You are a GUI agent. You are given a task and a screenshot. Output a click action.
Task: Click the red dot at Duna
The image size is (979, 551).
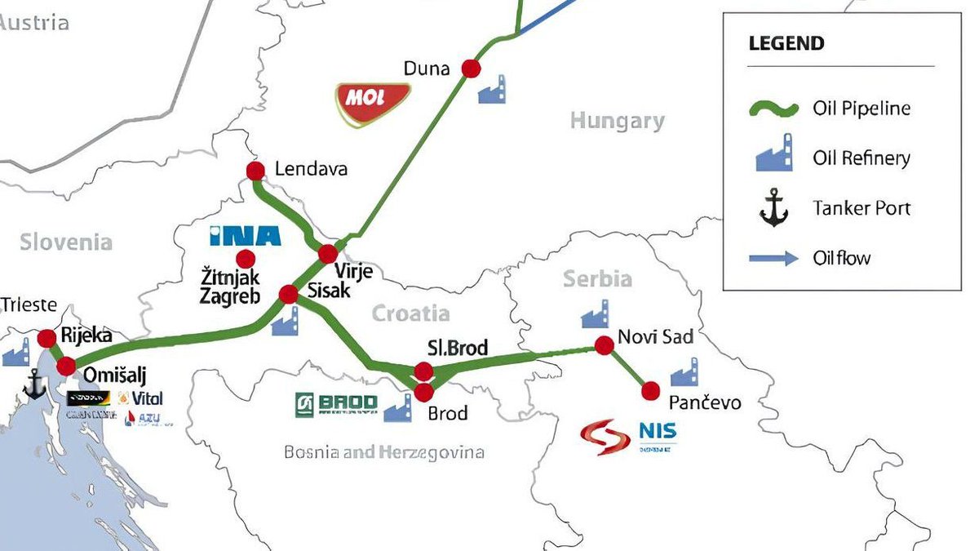(471, 69)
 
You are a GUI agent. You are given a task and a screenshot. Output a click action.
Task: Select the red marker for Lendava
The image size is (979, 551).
(255, 171)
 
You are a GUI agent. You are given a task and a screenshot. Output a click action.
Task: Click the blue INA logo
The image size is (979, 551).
(245, 236)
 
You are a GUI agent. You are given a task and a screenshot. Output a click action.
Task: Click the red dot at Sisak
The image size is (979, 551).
(289, 294)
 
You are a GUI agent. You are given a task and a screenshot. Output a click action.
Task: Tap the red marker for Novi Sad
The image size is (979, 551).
(604, 345)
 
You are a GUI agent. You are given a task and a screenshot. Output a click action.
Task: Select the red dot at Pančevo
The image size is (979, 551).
(650, 391)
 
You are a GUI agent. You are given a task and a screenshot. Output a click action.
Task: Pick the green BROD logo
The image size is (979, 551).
(336, 404)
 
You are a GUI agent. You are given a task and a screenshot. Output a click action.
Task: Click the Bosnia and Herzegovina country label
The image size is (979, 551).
(383, 452)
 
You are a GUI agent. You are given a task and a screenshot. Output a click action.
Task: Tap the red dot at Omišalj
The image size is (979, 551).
(66, 367)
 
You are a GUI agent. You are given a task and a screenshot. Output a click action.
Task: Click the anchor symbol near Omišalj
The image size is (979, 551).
(35, 384)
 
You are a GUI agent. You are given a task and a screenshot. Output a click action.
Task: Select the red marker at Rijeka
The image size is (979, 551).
(47, 338)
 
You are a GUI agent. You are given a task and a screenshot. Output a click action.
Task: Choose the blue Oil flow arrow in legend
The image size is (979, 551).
(773, 259)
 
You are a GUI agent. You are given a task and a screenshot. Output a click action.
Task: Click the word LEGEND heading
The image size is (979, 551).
(786, 43)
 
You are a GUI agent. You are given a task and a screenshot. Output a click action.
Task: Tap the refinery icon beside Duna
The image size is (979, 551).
(491, 91)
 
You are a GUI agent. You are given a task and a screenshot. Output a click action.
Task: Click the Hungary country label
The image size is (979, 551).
(617, 122)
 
